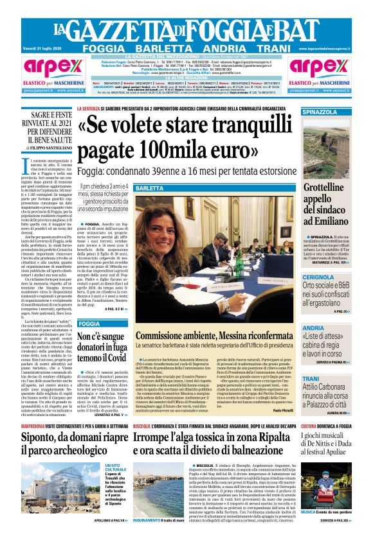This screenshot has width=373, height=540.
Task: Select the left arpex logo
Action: [39, 66]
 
